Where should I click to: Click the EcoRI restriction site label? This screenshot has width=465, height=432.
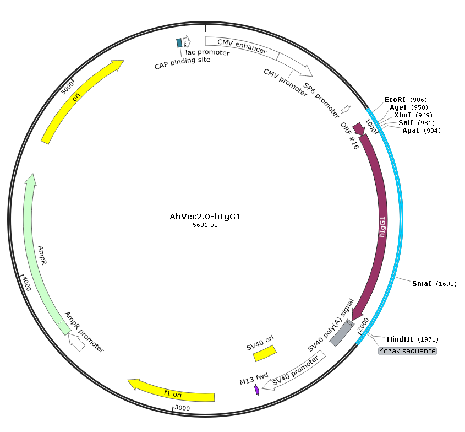coord(406,100)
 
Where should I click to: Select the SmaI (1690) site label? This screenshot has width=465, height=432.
coord(434,284)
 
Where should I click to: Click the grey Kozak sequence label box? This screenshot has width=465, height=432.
coord(407,351)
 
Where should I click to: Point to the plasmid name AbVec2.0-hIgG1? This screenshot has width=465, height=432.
coord(205,217)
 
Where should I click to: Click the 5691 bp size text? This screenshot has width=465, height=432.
coord(205,225)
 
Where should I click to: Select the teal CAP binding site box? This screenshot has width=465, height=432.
coord(179,43)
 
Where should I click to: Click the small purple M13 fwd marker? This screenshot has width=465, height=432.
coord(257,390)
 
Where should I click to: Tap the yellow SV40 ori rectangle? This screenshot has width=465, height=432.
coord(265,353)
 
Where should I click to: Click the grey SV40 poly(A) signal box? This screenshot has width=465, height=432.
coord(342,333)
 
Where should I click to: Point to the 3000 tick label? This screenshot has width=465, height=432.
coord(182,408)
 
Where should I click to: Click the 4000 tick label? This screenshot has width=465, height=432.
coord(27,283)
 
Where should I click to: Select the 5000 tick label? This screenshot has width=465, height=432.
coord(67,88)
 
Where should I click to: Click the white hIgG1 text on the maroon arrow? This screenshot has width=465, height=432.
coord(382,227)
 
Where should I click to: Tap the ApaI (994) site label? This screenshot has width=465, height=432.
coord(422,131)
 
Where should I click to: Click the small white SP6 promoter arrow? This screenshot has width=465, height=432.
coord(346,109)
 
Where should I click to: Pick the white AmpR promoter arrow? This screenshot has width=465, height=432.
coord(76,342)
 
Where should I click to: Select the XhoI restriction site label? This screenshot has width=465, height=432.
coord(413,115)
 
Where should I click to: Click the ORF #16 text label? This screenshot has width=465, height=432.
coord(349,136)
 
